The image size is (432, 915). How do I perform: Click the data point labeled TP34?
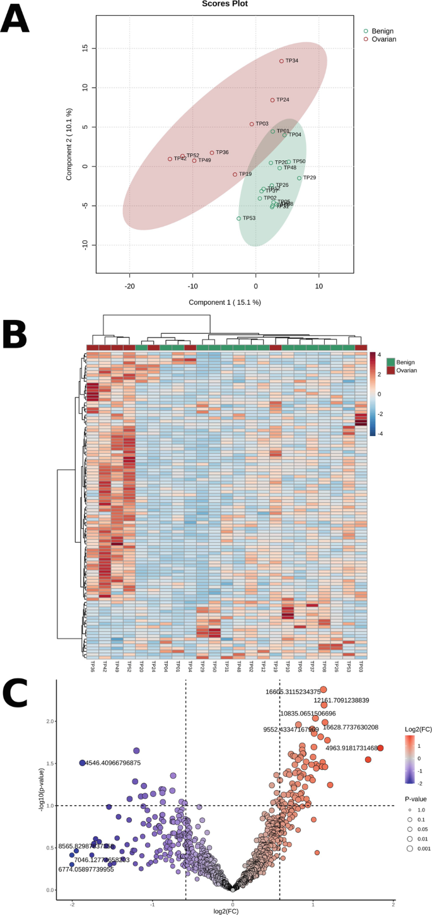(282, 61)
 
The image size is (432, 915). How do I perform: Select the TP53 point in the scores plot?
(239, 218)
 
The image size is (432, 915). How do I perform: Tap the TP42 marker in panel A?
(170, 159)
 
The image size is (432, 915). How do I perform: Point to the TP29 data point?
(300, 178)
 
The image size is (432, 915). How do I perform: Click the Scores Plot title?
(225, 4)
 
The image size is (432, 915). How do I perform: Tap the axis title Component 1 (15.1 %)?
(225, 302)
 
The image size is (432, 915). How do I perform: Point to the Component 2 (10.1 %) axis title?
(70, 145)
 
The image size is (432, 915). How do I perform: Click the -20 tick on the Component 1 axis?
(130, 285)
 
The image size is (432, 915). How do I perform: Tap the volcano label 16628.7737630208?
(351, 727)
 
